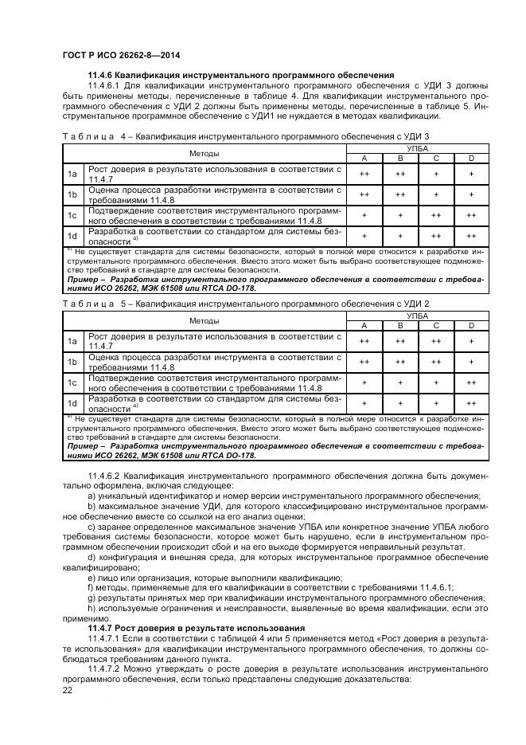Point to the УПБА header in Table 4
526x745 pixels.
tap(417, 148)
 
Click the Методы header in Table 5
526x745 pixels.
tap(205, 320)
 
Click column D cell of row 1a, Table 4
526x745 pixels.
tap(471, 173)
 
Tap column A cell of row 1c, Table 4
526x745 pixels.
tap(364, 214)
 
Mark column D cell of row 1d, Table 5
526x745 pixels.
tap(471, 402)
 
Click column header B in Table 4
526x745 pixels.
tap(399, 158)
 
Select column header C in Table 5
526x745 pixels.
tap(435, 325)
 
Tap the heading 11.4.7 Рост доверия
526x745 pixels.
tap(191, 628)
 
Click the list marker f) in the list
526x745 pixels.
tap(92, 586)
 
